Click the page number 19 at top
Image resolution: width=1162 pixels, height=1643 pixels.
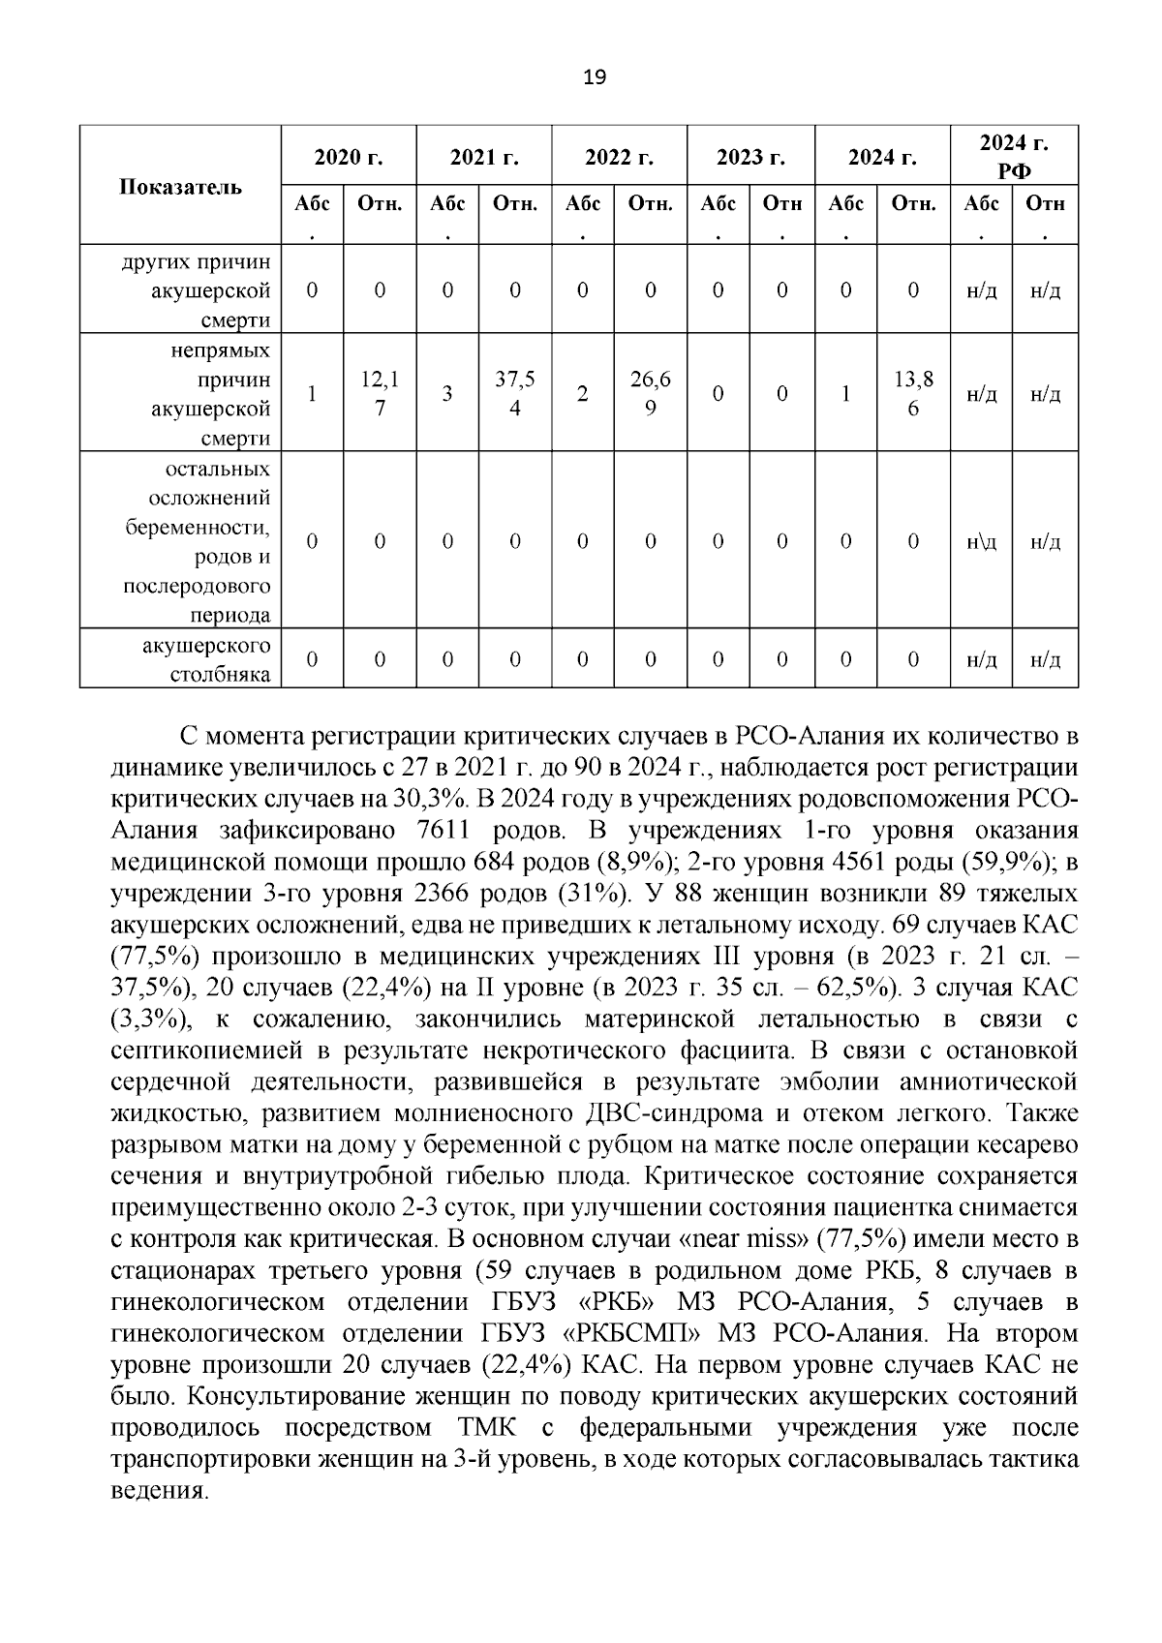pyautogui.click(x=596, y=77)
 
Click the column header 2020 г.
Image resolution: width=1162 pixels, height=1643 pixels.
pyautogui.click(x=349, y=156)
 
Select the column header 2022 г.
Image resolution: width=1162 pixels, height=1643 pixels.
pyautogui.click(x=619, y=156)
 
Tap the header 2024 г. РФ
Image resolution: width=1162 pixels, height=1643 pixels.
pyautogui.click(x=1014, y=156)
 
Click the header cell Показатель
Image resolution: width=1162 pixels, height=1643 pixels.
pyautogui.click(x=180, y=187)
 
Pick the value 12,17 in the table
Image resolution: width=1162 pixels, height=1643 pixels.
pyautogui.click(x=380, y=394)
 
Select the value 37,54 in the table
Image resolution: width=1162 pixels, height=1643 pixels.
pyautogui.click(x=515, y=394)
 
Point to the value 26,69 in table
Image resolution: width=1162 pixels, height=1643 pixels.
pyautogui.click(x=650, y=394)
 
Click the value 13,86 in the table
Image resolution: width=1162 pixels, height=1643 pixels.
pyautogui.click(x=913, y=394)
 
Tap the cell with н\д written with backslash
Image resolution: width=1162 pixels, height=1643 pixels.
pyautogui.click(x=981, y=542)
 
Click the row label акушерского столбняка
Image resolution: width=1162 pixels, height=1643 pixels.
pyautogui.click(x=206, y=659)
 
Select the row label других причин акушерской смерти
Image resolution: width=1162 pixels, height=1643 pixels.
pyautogui.click(x=197, y=290)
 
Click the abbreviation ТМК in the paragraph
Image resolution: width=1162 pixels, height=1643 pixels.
pyautogui.click(x=486, y=1428)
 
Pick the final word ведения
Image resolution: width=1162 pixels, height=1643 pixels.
pyautogui.click(x=161, y=1491)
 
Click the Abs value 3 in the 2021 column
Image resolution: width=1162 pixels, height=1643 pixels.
pyautogui.click(x=447, y=394)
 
